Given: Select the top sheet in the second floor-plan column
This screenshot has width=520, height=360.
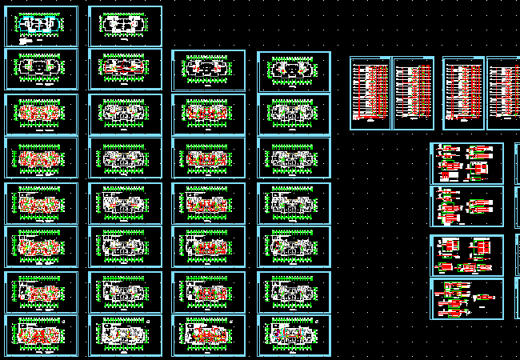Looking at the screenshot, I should click(125, 26).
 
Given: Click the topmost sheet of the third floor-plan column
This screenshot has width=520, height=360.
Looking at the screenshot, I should click(208, 70).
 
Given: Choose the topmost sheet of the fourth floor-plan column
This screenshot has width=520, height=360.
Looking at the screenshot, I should click(294, 70).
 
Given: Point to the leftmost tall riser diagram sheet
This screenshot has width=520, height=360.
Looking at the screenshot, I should click(370, 93).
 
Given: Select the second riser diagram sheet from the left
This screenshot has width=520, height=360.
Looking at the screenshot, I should click(413, 93).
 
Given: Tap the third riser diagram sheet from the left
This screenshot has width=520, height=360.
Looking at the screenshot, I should click(463, 93).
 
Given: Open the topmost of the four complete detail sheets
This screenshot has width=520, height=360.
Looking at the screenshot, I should click(467, 162).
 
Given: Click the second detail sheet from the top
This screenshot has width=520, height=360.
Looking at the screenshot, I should click(467, 206).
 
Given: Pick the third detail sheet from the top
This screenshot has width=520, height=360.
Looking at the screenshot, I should click(467, 255).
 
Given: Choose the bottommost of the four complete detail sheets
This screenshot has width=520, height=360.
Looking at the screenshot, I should click(467, 298).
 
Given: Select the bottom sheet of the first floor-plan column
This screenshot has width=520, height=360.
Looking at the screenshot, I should click(42, 335).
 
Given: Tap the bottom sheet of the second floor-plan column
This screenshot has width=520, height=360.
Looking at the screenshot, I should click(125, 335).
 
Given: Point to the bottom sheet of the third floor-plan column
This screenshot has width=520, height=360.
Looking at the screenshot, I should click(208, 335).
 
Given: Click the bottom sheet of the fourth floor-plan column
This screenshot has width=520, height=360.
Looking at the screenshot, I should click(294, 335).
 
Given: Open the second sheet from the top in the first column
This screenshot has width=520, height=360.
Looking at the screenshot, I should click(42, 70).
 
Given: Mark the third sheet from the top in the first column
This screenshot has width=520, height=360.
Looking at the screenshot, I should click(42, 114).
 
